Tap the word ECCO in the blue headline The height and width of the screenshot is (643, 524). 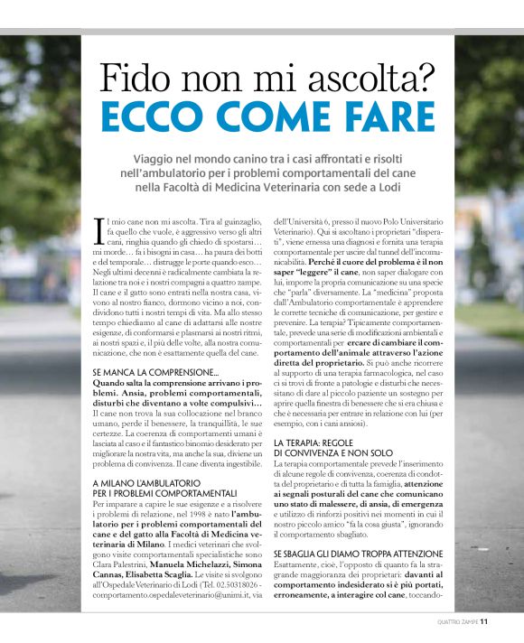pos(160,117)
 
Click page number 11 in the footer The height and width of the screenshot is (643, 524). pos(484,621)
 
